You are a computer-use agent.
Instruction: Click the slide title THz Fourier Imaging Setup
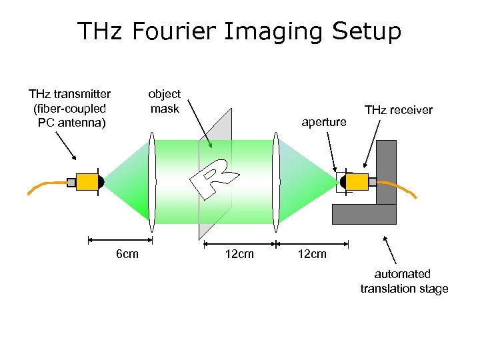239,31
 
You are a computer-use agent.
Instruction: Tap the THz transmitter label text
69,108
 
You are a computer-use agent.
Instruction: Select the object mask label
164,101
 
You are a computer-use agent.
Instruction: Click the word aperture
324,122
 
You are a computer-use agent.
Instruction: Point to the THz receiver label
398,110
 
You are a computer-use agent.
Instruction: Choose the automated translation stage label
404,281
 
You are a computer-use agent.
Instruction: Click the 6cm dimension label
127,254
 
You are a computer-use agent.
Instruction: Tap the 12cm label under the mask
239,254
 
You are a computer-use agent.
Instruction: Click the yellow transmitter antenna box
87,181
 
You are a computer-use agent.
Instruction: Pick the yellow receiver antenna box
357,181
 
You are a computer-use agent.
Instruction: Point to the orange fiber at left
45,187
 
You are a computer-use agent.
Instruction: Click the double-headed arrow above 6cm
121,239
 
